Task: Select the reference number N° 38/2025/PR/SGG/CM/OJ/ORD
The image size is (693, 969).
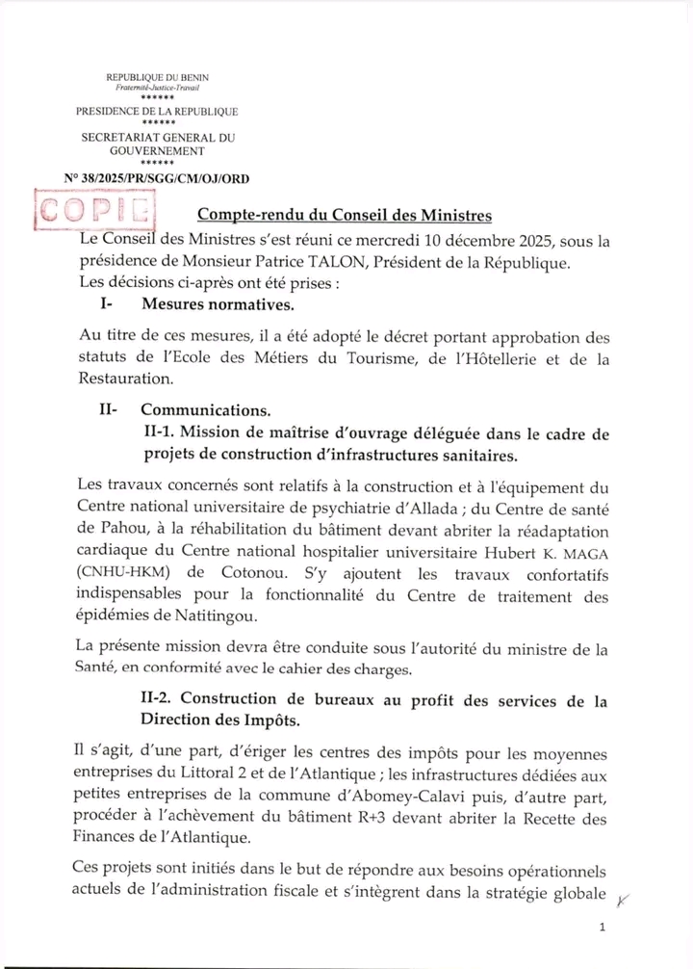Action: tap(156, 178)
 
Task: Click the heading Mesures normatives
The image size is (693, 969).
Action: tap(217, 305)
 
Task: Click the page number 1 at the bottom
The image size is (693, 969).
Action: tap(602, 927)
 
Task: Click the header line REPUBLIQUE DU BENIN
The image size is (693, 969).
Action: tap(156, 77)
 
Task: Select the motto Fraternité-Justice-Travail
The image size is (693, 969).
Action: tap(156, 88)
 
